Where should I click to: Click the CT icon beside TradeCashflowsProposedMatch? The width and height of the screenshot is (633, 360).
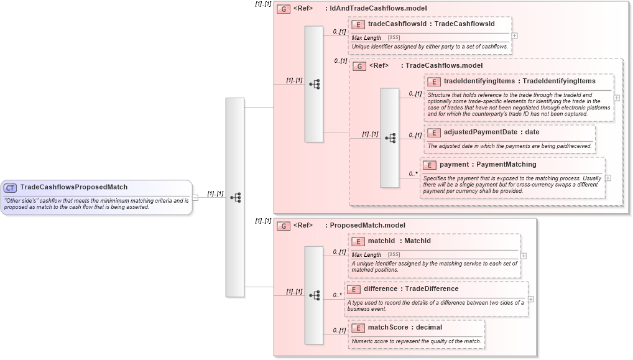(11, 187)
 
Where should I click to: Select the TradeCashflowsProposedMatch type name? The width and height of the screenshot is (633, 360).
(73, 187)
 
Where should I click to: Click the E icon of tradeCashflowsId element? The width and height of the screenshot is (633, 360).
(358, 25)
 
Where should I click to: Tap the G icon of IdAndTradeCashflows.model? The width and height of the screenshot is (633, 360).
(284, 9)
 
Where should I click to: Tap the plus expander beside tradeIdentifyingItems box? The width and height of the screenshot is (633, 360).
(616, 98)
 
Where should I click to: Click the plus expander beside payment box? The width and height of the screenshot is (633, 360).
(608, 178)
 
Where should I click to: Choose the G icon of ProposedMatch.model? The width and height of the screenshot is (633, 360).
(284, 226)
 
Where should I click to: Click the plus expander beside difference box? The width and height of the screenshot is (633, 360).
(531, 299)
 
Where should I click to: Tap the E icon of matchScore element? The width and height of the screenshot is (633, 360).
(358, 328)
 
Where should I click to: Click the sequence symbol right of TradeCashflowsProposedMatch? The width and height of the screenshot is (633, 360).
(235, 197)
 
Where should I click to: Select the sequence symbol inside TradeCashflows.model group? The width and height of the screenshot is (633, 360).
(390, 138)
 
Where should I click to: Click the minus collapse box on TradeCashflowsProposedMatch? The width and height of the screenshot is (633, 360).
(195, 198)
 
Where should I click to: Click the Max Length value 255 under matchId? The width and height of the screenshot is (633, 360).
(394, 255)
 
